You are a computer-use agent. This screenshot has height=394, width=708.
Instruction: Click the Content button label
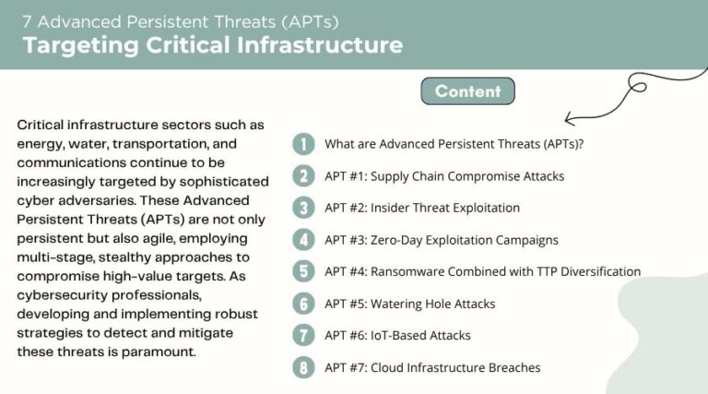(x=467, y=91)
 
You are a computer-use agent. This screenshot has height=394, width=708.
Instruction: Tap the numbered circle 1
(x=302, y=144)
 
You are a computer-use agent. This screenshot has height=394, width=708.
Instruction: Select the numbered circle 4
(x=302, y=240)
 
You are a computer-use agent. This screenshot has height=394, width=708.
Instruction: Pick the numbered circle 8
(x=302, y=367)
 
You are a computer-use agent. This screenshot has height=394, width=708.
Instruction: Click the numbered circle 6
(x=302, y=304)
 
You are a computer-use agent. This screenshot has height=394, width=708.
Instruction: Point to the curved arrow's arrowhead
(x=570, y=118)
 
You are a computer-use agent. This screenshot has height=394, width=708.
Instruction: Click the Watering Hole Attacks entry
(x=432, y=304)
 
